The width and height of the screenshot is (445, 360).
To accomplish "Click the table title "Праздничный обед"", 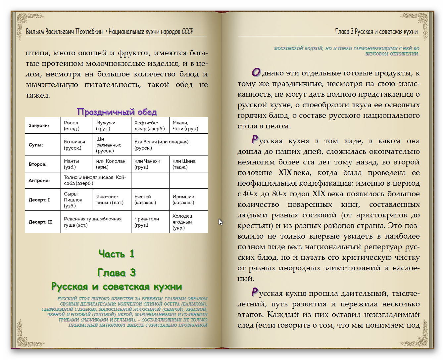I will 117,112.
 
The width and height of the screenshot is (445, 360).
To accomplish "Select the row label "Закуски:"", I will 39,126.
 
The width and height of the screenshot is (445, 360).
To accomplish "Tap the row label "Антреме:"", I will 39,181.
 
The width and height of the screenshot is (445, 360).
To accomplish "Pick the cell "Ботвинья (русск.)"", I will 74,145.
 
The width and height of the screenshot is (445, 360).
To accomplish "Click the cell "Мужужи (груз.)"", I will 106,126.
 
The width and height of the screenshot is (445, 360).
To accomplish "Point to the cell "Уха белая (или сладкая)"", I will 161,145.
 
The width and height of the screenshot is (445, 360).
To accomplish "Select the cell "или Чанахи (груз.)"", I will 147,164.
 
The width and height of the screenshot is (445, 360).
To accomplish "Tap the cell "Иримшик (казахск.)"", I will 183,200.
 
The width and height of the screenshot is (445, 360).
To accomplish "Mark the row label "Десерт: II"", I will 40,222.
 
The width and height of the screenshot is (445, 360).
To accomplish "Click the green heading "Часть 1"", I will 117,254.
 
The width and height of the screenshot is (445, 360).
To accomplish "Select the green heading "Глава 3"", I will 117,273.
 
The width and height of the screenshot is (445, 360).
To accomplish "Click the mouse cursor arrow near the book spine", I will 221,222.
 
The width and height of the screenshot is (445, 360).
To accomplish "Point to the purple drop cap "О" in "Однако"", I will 256,72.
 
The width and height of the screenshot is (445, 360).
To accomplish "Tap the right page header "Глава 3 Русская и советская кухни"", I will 376,32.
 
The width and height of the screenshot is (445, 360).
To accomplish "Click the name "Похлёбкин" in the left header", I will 89,32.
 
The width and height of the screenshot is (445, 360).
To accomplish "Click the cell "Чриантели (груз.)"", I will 147,222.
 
